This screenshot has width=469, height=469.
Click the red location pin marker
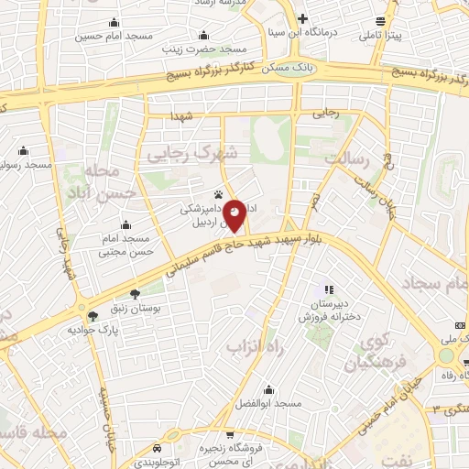coord(235,215)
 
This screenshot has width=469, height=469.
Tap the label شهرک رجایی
coord(191,154)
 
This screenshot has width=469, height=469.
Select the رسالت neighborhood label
coord(344,158)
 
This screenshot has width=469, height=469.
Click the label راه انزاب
coord(245,348)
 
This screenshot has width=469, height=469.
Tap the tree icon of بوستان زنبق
coord(136,294)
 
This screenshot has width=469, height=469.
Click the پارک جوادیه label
coord(102,328)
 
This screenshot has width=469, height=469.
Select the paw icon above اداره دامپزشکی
coord(218,194)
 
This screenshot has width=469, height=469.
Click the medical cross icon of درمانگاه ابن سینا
coord(303,18)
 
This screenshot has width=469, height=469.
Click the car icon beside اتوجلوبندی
coord(158,448)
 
